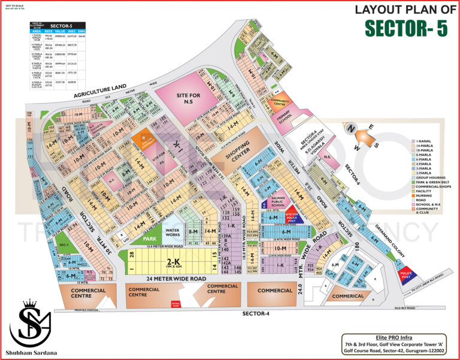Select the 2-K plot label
pyautogui.click(x=174, y=262)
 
